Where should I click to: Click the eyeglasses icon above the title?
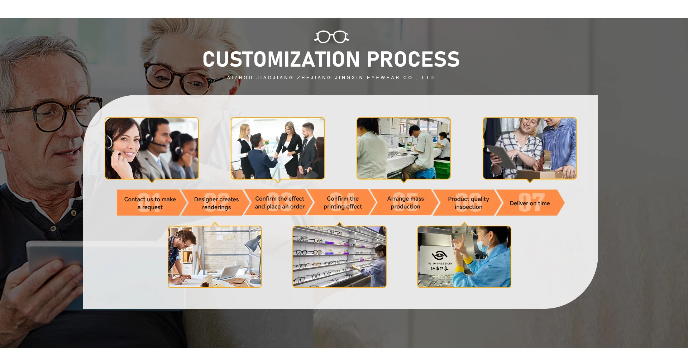[331, 37]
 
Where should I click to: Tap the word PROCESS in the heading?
[413, 59]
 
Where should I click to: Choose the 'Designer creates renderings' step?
[216, 203]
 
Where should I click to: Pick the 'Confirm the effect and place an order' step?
[279, 202]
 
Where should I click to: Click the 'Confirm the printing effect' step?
[343, 202]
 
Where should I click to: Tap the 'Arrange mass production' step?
[405, 202]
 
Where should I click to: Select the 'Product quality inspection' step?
[468, 203]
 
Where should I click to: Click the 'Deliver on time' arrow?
[530, 203]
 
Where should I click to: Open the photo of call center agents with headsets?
[152, 148]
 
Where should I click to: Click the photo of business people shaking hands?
[278, 148]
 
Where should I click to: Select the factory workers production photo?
[403, 148]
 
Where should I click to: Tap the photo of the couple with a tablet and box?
[530, 148]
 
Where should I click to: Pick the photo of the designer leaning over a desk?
[215, 257]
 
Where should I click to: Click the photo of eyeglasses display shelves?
[339, 257]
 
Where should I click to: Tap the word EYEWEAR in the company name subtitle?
[383, 78]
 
